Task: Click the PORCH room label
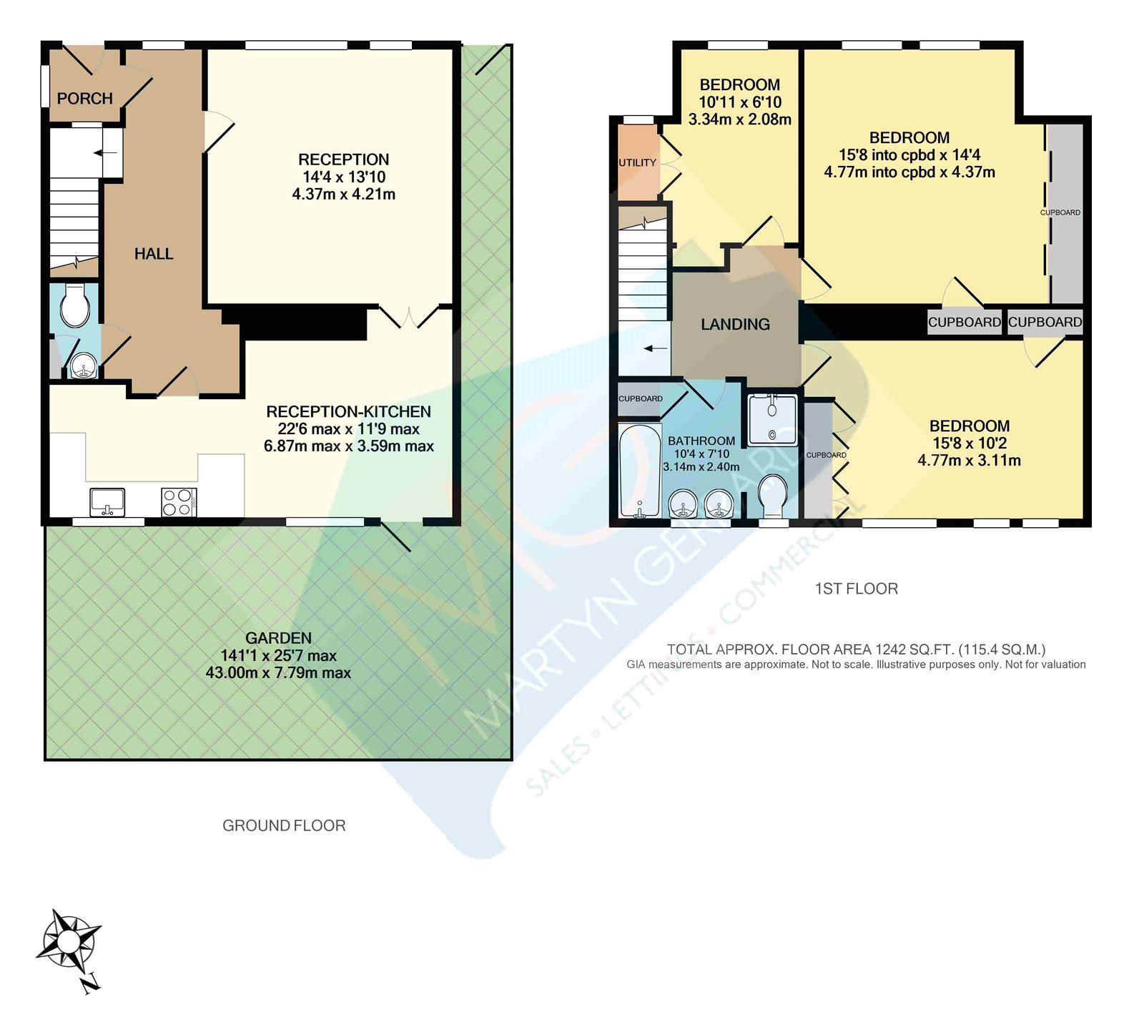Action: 84,99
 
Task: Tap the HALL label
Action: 154,254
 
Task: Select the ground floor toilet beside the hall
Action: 74,306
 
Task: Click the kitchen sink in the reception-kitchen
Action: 107,501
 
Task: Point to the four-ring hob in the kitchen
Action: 179,501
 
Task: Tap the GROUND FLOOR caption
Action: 284,825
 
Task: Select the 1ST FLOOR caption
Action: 856,589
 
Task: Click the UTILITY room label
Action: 637,163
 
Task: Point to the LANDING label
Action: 735,325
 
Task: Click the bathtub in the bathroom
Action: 639,471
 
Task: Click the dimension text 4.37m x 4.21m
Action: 343,195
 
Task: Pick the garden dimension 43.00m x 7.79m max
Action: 278,673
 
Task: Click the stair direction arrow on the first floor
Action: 655,349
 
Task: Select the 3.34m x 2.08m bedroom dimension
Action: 739,119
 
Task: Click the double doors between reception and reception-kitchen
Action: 409,318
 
